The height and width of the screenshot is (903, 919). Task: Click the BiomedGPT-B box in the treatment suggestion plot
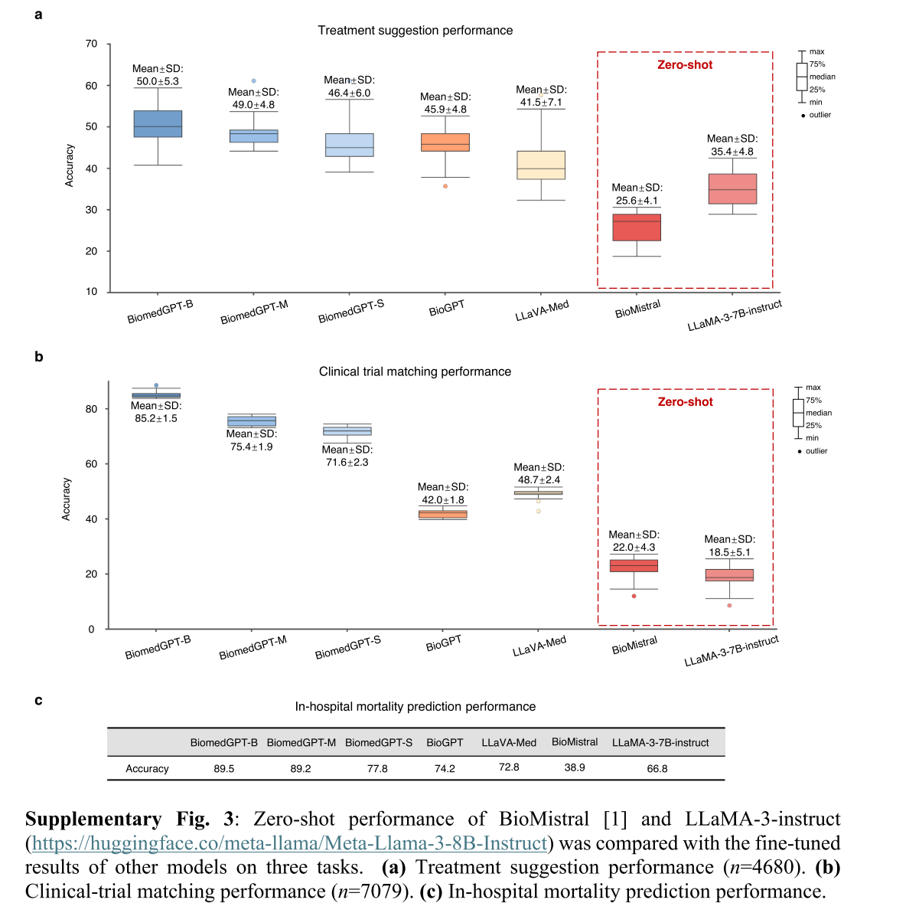[158, 123]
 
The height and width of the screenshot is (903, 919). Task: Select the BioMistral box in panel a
[637, 227]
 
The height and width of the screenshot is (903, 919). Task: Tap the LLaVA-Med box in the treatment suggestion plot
[541, 165]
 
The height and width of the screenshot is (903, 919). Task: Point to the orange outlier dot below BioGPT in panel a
[445, 186]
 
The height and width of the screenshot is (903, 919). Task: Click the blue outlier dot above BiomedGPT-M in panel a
[254, 81]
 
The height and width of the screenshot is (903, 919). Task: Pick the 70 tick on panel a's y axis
[92, 44]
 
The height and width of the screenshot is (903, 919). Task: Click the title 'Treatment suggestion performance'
[415, 31]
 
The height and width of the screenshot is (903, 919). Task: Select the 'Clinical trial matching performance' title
[415, 371]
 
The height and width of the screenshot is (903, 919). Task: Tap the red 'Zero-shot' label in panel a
[685, 65]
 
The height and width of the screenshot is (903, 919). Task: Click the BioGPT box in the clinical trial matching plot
[443, 515]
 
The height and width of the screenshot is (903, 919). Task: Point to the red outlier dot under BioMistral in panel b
[634, 596]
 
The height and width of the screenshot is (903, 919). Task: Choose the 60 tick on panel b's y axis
[92, 464]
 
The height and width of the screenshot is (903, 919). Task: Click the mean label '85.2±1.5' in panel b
[156, 419]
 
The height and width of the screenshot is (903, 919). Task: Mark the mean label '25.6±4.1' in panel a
[637, 201]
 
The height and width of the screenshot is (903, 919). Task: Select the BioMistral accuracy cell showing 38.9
[575, 767]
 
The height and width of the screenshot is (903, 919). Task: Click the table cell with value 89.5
[224, 769]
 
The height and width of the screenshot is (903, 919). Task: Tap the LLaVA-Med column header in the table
[509, 743]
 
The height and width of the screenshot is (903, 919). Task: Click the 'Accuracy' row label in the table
[147, 769]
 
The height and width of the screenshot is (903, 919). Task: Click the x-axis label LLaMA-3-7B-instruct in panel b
[732, 651]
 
